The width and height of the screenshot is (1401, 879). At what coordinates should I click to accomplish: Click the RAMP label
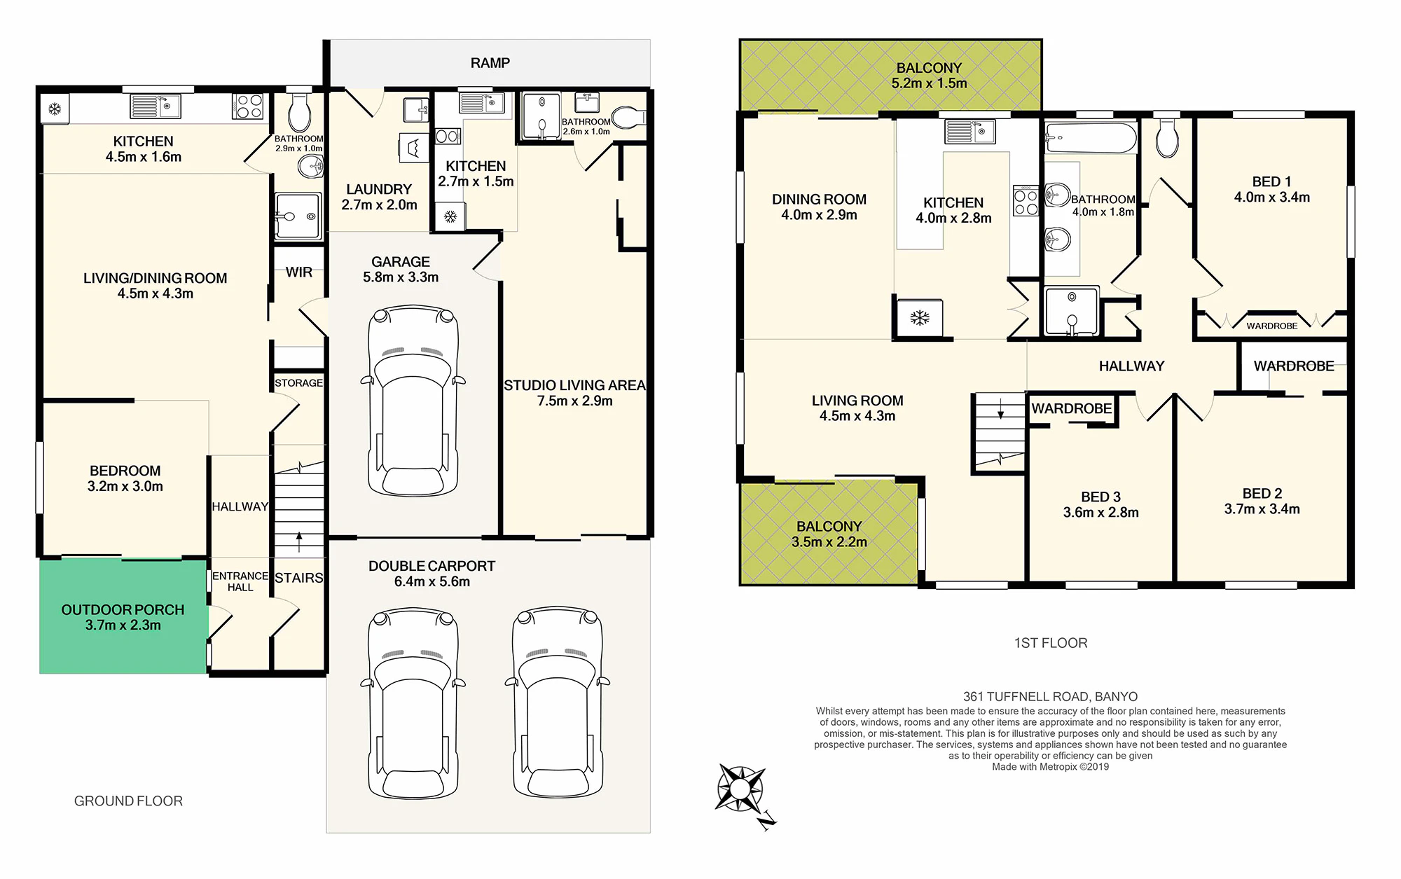(490, 63)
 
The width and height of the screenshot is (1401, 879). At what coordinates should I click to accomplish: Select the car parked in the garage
(413, 401)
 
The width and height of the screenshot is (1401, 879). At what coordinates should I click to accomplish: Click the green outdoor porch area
(123, 616)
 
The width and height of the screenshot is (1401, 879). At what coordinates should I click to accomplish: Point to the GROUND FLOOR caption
(128, 801)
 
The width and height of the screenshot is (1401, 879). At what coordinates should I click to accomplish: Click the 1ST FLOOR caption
(1051, 643)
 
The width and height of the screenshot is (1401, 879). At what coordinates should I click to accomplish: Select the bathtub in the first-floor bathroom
(1091, 139)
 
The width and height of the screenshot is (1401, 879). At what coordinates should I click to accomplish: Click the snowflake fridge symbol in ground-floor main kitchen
(55, 109)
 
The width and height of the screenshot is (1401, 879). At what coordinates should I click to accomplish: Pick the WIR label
(299, 272)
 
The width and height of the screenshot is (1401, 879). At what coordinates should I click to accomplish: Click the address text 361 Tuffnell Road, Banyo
(1050, 696)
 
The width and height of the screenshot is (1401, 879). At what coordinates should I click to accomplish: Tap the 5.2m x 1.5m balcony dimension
(929, 83)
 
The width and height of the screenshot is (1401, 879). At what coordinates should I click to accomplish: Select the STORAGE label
(298, 383)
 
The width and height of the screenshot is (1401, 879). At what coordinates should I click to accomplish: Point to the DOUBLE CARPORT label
(432, 566)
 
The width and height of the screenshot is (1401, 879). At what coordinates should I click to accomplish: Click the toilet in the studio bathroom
(628, 118)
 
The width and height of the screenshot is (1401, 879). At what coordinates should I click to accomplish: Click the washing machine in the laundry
(413, 148)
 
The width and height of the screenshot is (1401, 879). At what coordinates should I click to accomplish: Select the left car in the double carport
(413, 703)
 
